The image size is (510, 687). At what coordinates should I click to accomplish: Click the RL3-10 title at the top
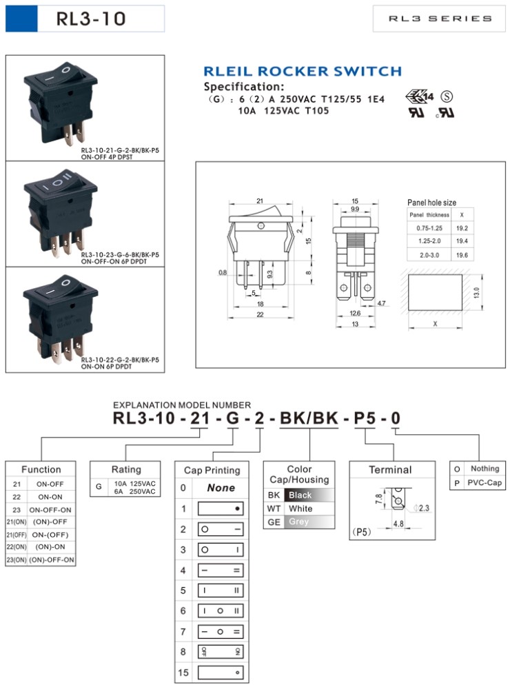click(x=92, y=18)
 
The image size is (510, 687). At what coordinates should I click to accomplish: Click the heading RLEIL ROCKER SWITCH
click(x=302, y=71)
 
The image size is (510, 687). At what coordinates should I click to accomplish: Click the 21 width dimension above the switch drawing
click(x=260, y=201)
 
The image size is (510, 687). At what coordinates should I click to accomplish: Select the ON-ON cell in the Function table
click(x=51, y=497)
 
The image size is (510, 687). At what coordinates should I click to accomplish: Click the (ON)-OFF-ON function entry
click(x=51, y=560)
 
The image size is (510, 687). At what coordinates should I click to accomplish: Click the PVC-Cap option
click(x=484, y=483)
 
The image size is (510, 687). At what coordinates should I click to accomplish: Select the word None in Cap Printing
click(x=221, y=488)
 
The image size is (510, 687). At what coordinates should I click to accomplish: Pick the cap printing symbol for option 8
click(x=221, y=652)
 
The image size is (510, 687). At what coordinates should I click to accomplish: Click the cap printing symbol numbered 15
click(x=221, y=673)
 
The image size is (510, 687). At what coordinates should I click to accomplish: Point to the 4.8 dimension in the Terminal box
click(x=398, y=524)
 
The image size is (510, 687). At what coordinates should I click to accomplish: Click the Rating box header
click(x=125, y=469)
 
